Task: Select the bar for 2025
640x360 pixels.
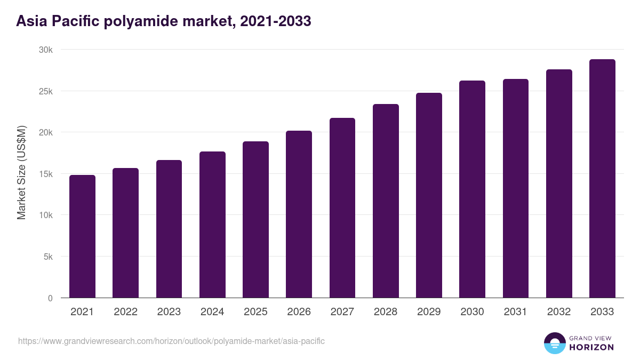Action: pyautogui.click(x=255, y=220)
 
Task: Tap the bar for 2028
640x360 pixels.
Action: pyautogui.click(x=386, y=201)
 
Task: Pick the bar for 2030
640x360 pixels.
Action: pyautogui.click(x=472, y=189)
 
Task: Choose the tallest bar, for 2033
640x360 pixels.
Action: pyautogui.click(x=602, y=179)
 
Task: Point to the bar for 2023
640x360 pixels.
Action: pyautogui.click(x=169, y=229)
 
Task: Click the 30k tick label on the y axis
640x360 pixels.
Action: pyautogui.click(x=46, y=50)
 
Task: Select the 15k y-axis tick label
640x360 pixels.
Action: pyautogui.click(x=46, y=174)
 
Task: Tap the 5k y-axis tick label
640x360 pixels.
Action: pyautogui.click(x=47, y=257)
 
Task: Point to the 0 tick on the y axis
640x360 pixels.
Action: pyautogui.click(x=50, y=298)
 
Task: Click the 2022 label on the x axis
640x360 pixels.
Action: pyautogui.click(x=125, y=312)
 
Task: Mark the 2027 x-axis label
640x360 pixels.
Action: pyautogui.click(x=342, y=312)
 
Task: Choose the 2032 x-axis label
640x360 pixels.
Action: pyautogui.click(x=559, y=312)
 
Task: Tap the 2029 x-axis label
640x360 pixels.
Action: pyautogui.click(x=429, y=312)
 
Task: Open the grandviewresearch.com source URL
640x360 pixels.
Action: pyautogui.click(x=171, y=341)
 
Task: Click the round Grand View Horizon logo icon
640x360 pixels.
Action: pyautogui.click(x=555, y=343)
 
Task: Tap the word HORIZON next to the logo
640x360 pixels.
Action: pyautogui.click(x=591, y=347)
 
